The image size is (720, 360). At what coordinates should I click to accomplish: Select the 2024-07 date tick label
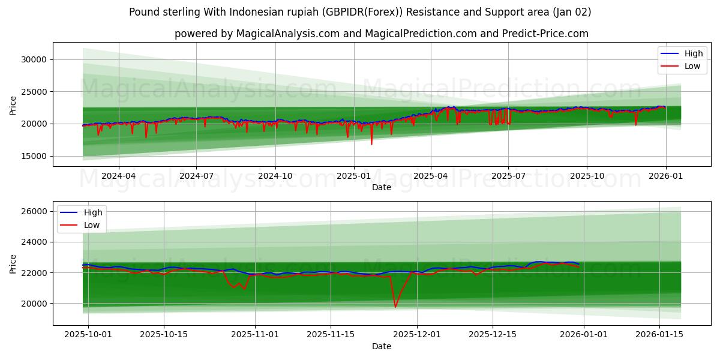coord(197,176)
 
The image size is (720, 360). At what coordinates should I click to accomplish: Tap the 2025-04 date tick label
coord(431,176)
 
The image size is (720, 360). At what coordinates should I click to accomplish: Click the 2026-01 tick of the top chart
coord(665,176)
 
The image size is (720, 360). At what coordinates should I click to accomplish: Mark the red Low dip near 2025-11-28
coord(395,307)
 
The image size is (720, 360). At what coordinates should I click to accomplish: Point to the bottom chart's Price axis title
coord(13,263)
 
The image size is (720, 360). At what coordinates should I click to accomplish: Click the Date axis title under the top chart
coord(381,187)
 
